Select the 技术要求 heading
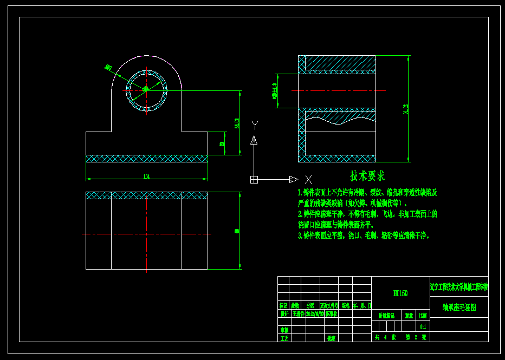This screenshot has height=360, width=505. [x=367, y=176]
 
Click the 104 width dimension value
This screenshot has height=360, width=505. [x=146, y=176]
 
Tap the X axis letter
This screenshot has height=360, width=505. [x=308, y=179]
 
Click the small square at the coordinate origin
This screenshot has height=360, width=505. [x=254, y=179]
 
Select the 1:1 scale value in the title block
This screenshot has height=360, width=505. [x=423, y=326]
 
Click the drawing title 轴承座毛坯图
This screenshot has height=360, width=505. [x=458, y=307]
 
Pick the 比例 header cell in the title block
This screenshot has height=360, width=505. [x=423, y=315]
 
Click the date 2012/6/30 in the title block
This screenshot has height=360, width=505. [x=315, y=313]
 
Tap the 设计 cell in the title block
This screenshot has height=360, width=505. [x=284, y=313]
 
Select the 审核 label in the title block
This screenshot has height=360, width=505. [x=284, y=330]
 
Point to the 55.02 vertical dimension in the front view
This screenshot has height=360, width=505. [x=236, y=123]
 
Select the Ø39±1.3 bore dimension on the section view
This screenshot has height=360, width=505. [x=275, y=91]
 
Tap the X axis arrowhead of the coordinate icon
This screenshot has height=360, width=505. [x=293, y=179]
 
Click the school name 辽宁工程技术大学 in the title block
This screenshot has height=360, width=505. [x=458, y=286]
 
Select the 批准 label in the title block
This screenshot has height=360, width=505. [x=332, y=338]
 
